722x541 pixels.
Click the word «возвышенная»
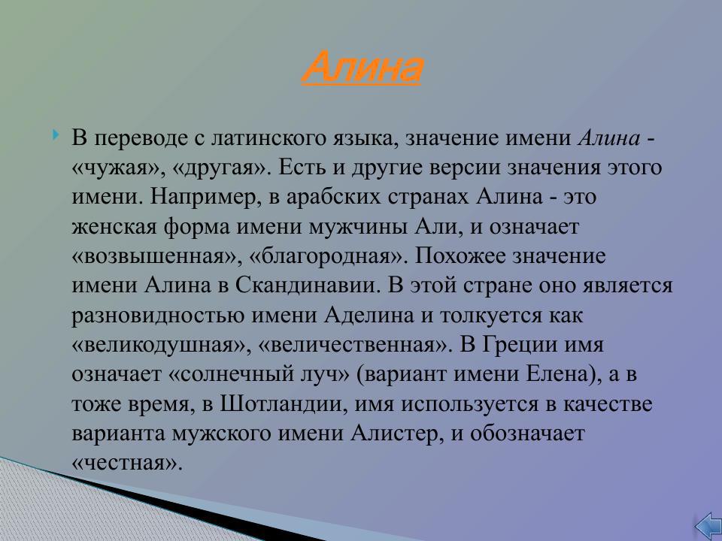tap(154, 256)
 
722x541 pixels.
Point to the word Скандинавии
tap(301, 286)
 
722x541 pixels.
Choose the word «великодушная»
tap(160, 346)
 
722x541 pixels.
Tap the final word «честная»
tap(127, 464)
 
